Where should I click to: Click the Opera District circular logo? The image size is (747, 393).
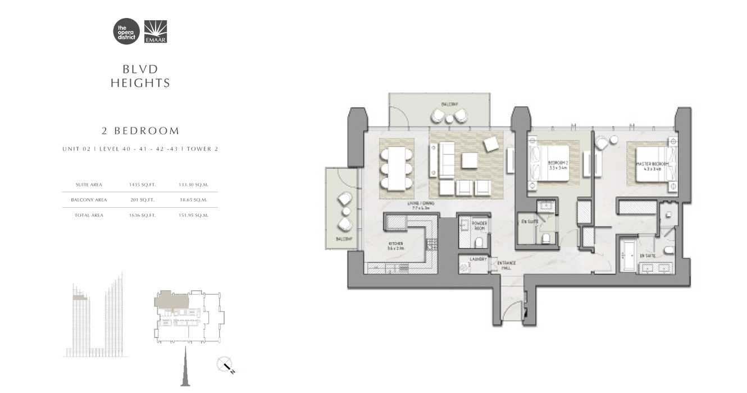[126, 31]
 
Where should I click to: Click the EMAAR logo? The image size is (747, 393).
[156, 31]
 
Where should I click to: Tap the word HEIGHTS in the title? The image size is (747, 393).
[140, 83]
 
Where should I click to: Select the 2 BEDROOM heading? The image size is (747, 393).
[140, 131]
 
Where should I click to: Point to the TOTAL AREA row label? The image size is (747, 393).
[89, 215]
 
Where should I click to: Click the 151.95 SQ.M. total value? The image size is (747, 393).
[193, 215]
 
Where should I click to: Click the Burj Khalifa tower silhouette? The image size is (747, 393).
[184, 368]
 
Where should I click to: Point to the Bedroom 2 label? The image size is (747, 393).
[558, 164]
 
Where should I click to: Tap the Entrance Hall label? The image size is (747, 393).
[507, 265]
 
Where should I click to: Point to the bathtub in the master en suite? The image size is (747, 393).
[628, 255]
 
